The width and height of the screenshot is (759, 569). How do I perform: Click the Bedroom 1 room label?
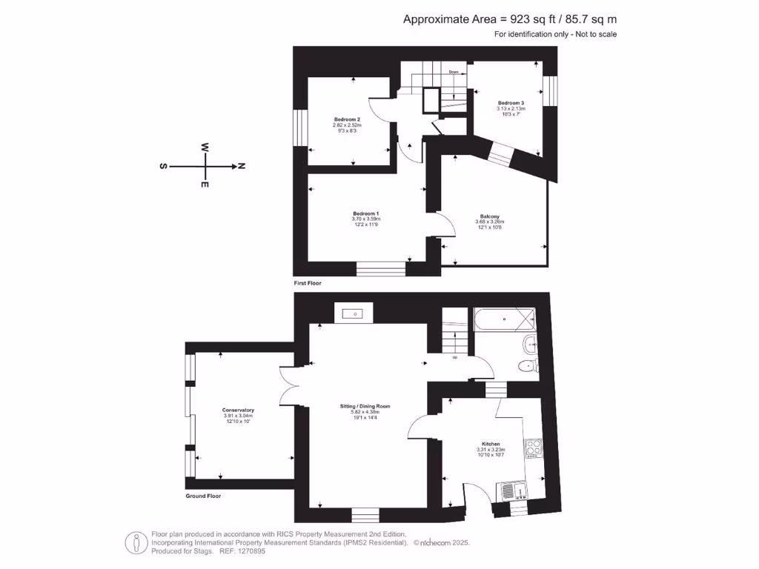tap(365, 213)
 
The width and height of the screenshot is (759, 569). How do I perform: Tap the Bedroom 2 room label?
tap(346, 119)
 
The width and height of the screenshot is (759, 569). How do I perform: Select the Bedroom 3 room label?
tap(511, 103)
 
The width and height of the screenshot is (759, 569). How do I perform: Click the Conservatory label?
tap(238, 410)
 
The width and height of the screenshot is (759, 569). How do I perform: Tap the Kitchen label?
tap(491, 444)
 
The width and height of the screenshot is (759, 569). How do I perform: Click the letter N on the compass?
tap(241, 166)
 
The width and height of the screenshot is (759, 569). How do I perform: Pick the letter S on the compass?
tap(162, 166)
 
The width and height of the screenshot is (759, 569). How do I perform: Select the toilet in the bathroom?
tap(528, 365)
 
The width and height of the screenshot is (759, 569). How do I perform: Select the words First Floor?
tap(308, 283)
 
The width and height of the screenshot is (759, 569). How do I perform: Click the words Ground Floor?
tap(203, 496)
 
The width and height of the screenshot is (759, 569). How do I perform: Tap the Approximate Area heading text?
tap(509, 20)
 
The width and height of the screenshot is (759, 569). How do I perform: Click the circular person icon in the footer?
tap(134, 542)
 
